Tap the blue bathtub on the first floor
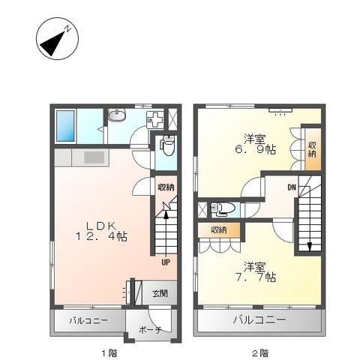(65, 126)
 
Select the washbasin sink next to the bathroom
(117, 116)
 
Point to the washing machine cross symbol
(154, 119)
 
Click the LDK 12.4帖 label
(101, 231)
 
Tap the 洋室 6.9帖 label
(255, 144)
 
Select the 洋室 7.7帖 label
(255, 271)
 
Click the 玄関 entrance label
(160, 293)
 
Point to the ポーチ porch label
(150, 330)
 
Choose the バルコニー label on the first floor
(88, 320)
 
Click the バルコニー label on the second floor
(259, 320)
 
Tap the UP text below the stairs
(166, 262)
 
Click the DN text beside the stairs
(292, 187)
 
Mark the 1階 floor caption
(109, 353)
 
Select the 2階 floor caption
(260, 353)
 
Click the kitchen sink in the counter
(94, 157)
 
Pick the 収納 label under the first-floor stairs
(166, 187)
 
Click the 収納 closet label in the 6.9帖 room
(312, 149)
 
